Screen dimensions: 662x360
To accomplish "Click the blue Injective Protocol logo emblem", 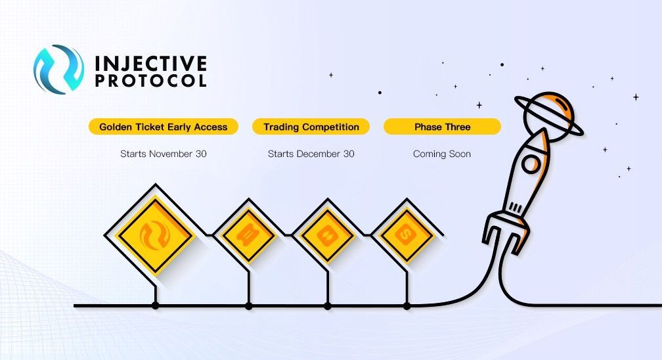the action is click(59, 69).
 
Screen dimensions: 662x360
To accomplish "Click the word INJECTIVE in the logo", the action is click(151, 63).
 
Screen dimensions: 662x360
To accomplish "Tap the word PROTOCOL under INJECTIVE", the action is click(151, 81).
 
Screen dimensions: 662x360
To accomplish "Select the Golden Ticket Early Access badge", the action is click(164, 127).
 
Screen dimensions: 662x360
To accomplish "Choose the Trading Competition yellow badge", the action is click(311, 127).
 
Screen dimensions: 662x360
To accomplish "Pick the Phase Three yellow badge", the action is click(442, 127).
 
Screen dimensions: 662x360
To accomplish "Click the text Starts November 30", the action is click(164, 154).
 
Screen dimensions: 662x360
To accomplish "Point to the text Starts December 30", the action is click(311, 154).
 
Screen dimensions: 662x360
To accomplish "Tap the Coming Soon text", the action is click(442, 154).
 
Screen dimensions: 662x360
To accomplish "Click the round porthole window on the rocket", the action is click(530, 164).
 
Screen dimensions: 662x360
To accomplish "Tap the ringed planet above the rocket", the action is click(548, 114).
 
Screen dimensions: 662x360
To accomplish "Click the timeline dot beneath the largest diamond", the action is click(156, 305).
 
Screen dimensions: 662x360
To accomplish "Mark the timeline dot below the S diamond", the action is click(407, 305).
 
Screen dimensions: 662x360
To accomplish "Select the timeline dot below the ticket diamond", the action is click(249, 305).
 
